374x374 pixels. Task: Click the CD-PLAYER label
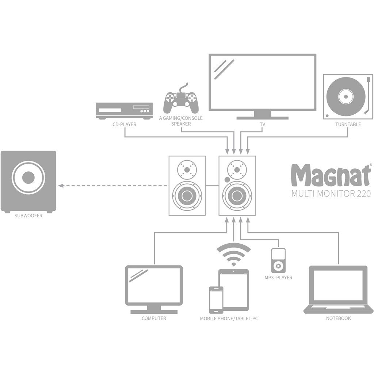(x=125, y=125)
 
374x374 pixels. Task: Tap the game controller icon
(x=181, y=100)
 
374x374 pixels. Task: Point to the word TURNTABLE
(x=348, y=125)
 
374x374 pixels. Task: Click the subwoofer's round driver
(x=28, y=178)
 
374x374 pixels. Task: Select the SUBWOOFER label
(x=28, y=216)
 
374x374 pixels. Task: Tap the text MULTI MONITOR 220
(x=331, y=193)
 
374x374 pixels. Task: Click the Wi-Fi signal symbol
(x=234, y=254)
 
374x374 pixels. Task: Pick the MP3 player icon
(x=278, y=260)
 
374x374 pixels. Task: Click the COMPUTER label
(x=154, y=318)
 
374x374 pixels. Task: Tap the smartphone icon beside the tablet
(x=216, y=300)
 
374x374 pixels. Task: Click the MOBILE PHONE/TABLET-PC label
(x=229, y=318)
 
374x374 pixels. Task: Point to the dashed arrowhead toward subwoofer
(x=61, y=186)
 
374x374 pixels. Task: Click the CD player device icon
(x=124, y=111)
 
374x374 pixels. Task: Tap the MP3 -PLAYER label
(x=278, y=278)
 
